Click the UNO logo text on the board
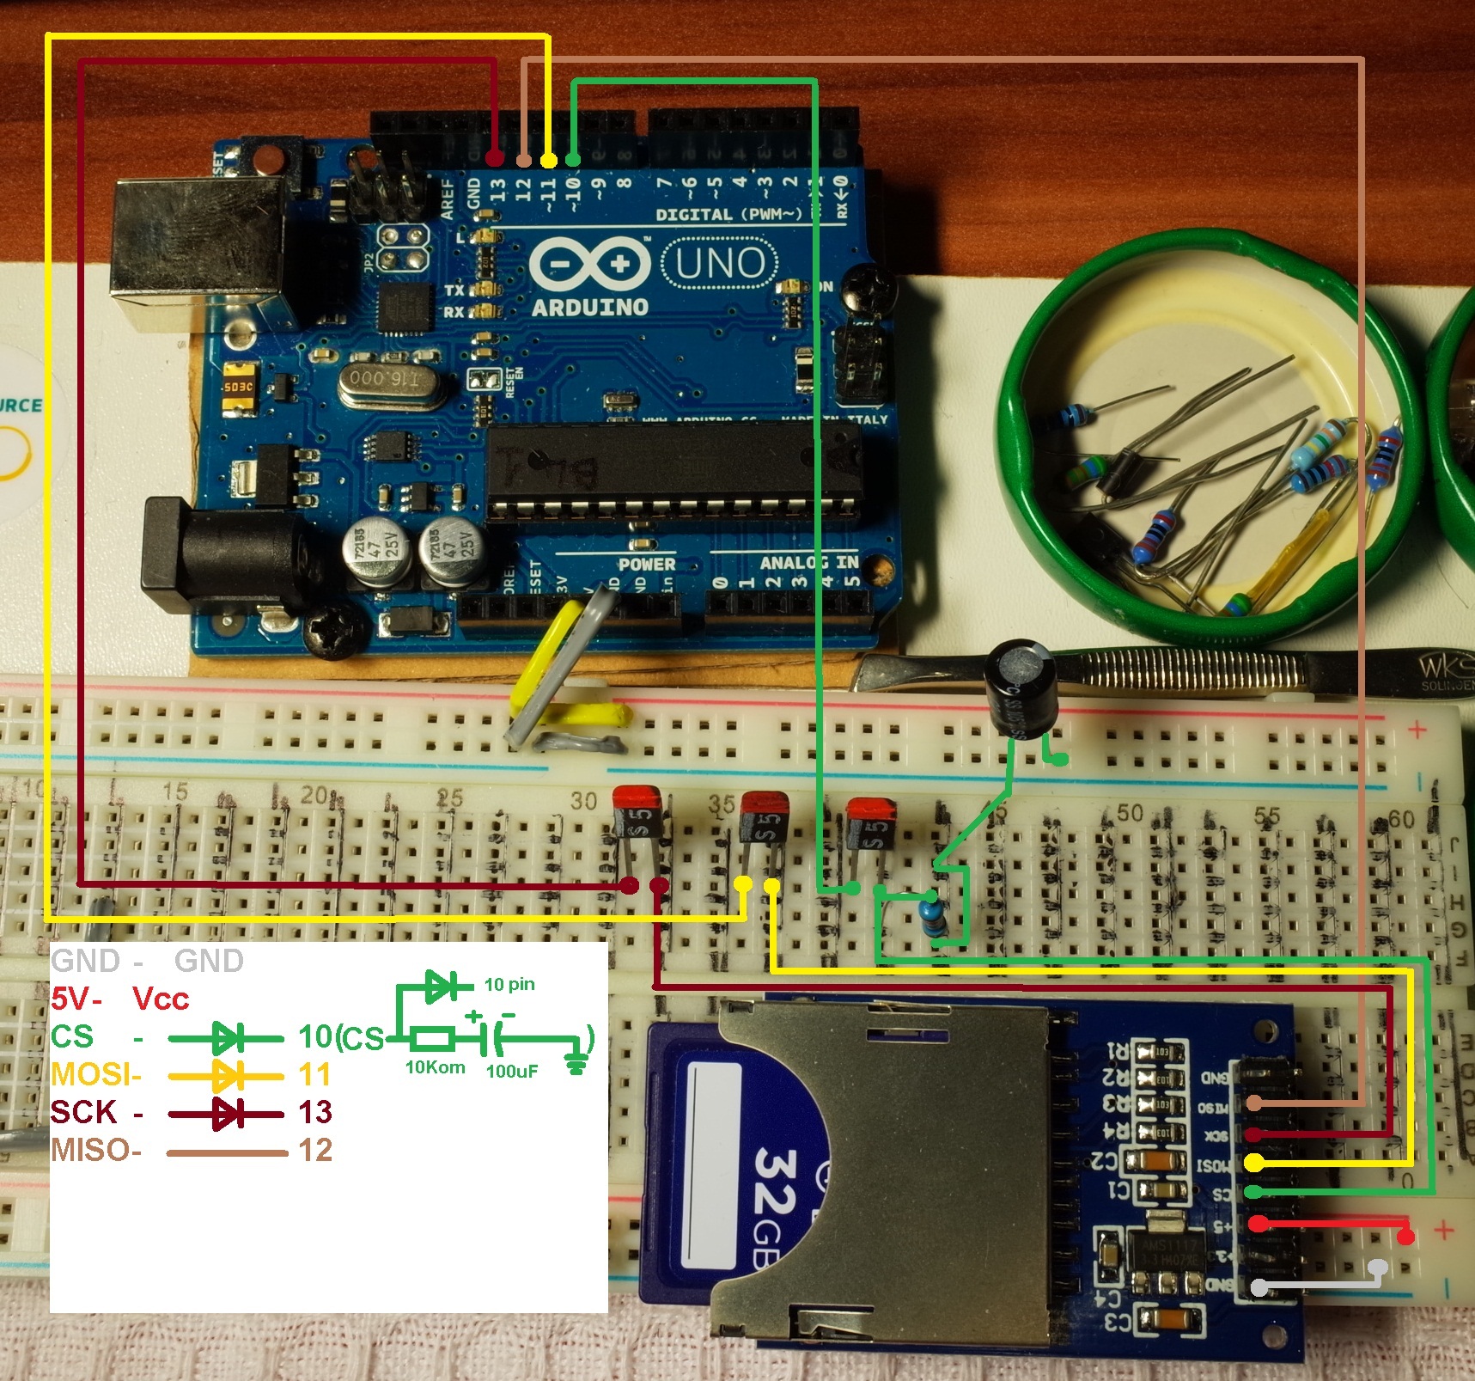720,264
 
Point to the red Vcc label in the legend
161,999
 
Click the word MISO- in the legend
95,1150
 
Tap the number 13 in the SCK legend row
315,1112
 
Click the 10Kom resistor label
435,1067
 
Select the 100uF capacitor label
512,1071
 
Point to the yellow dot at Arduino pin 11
548,160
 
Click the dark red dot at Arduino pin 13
495,159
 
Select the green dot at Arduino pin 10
573,159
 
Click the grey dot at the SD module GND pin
1259,1287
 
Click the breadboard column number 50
1129,813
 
